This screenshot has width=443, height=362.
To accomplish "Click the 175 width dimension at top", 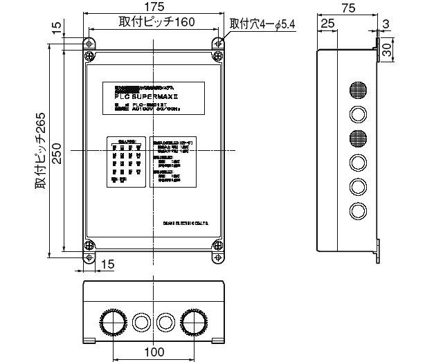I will (x=154, y=7).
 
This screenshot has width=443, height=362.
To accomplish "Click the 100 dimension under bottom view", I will (x=154, y=352).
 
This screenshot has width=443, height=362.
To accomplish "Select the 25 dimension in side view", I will (x=328, y=24).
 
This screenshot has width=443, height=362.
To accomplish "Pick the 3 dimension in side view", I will (x=385, y=24).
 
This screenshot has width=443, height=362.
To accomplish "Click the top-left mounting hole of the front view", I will (x=89, y=43).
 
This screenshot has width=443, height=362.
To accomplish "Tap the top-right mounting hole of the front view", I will (x=218, y=43).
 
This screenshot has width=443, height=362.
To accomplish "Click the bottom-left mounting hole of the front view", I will (x=89, y=257).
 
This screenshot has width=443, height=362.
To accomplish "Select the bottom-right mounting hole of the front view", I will (x=218, y=257).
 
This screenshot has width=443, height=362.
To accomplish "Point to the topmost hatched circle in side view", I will (x=357, y=90).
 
